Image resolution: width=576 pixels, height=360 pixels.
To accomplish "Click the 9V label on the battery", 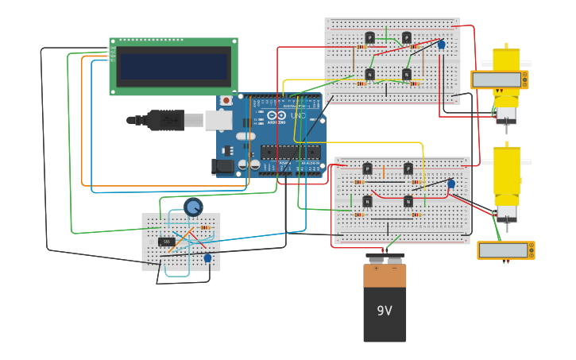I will pos(385,311).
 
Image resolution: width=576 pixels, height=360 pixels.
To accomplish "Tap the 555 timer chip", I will pos(167,242).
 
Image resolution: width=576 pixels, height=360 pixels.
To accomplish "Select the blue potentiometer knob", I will pos(193,207).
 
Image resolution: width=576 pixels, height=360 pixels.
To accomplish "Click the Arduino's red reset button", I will pos(226,101).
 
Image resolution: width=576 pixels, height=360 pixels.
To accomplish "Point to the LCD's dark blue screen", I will pos(174,66).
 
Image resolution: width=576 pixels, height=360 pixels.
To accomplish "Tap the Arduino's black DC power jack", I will pos(224,166).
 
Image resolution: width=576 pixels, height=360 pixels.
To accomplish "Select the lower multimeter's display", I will pos(504,250).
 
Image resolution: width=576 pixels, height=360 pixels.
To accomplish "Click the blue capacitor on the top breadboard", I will pos(442,45).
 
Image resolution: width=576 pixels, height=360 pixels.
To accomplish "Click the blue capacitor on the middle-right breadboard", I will pos(451,184).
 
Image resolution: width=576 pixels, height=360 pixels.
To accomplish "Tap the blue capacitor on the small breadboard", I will pos(207,257).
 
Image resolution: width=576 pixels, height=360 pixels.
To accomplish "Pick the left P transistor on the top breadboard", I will pos(369,37).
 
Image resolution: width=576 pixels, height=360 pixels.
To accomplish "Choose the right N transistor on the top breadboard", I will pos(407,74).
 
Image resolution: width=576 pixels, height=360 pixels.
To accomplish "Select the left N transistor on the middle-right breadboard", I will pos(367,201).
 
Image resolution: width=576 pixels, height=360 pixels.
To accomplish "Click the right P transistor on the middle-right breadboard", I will pos(408,168).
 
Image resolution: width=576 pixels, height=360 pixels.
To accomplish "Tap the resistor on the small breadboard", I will pos(205,228).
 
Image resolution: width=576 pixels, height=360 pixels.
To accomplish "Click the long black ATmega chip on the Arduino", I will pos(290,152).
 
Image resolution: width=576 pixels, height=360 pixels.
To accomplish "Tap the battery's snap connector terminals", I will pos(385,258).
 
